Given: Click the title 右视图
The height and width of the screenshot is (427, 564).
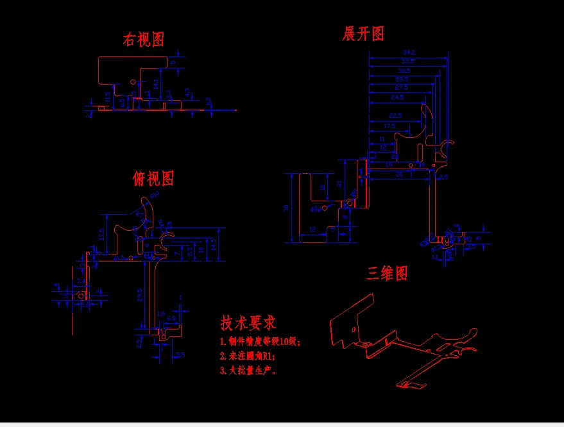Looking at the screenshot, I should point(144,39).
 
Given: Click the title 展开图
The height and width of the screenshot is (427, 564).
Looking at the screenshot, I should point(363,33).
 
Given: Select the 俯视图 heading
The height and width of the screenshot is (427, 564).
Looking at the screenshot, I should point(153,178).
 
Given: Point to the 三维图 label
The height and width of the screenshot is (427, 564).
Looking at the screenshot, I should point(387,274).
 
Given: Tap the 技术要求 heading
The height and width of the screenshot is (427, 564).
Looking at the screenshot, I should point(248,322).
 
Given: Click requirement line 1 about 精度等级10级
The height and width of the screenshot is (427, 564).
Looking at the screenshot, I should point(260,342).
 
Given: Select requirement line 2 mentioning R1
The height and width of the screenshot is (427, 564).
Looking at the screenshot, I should point(247,356).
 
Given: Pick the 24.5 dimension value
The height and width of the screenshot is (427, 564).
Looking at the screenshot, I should point(397,97).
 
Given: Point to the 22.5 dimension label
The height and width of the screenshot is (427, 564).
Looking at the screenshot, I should point(395,115).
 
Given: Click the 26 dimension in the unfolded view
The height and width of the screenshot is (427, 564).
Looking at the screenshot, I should point(399,174).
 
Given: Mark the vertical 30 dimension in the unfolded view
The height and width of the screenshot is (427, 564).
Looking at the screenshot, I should point(287,208).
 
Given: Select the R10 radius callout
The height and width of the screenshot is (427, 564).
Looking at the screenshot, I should point(154,195).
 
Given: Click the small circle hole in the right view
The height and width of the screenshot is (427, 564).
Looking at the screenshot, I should point(133,82).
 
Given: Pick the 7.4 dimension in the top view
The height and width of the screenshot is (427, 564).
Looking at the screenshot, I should point(81,281).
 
